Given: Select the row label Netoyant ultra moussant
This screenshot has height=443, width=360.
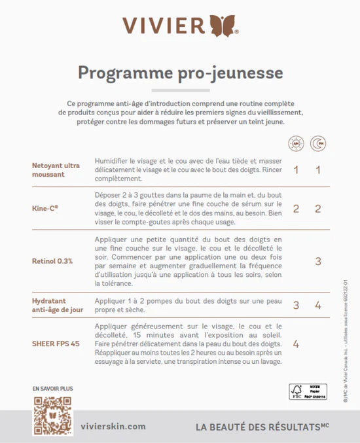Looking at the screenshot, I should click(56, 170).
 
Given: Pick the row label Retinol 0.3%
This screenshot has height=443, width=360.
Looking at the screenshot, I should click(52, 261).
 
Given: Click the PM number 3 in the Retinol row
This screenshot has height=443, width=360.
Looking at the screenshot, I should click(318, 261).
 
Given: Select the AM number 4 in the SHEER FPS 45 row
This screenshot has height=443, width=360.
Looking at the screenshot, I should click(296, 344).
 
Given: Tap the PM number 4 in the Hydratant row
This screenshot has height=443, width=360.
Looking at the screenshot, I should click(318, 305).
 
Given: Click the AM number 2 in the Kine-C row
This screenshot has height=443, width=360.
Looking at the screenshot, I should click(296, 209).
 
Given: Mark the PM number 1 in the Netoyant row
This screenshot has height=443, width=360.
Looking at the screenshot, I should click(318, 170).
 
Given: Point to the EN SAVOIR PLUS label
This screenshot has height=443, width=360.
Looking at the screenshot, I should click(52, 389).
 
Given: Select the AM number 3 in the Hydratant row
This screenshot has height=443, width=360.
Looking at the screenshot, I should click(296, 305).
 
